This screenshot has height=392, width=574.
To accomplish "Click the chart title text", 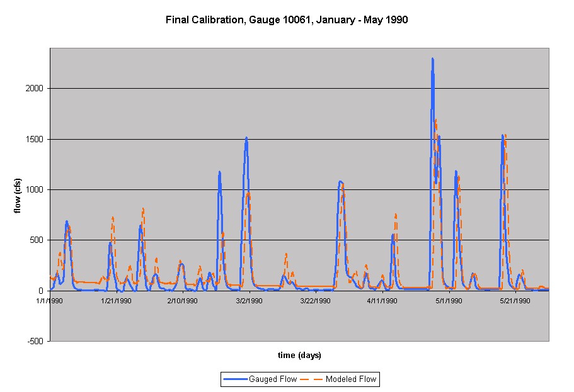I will pos(287,20).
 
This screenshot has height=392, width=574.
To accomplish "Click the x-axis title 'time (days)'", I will pos(300,356).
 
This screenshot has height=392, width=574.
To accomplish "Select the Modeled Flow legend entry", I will pos(343,379).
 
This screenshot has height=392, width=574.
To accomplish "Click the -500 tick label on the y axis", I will pos(35,341).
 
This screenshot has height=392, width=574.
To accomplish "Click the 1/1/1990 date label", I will pos(50,301).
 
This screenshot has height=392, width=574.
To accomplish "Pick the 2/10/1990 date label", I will pos(183,301).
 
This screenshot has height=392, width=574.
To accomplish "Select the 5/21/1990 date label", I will pos(515,301).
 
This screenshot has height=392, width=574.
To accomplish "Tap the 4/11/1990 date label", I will pos(382,301).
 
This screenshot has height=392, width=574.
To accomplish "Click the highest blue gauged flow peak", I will pos(432,59).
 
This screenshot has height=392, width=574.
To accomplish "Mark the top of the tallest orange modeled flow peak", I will pos(435,120).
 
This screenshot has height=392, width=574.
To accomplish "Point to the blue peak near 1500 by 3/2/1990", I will pos(246,138).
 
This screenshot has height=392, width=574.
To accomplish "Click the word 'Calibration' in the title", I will pos(219,20).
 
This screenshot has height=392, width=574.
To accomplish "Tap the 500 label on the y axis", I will pos(37,240).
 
